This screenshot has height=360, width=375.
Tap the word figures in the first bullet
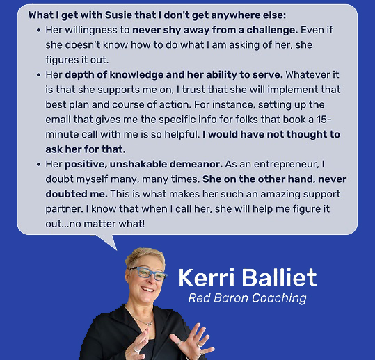pos(59,60)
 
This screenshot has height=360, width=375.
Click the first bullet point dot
pos(38,31)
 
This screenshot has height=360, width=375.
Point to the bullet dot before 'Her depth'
pos(38,75)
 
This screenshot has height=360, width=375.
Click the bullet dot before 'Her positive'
pos(38,165)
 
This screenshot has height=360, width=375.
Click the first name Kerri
pos(206,277)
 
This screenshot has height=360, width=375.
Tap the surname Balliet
pos(280,277)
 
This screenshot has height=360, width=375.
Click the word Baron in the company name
pos(231,298)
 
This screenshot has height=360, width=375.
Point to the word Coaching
pos(279,299)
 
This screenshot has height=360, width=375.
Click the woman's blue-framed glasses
pos(148,273)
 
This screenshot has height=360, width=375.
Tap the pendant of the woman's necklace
pos(150,324)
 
